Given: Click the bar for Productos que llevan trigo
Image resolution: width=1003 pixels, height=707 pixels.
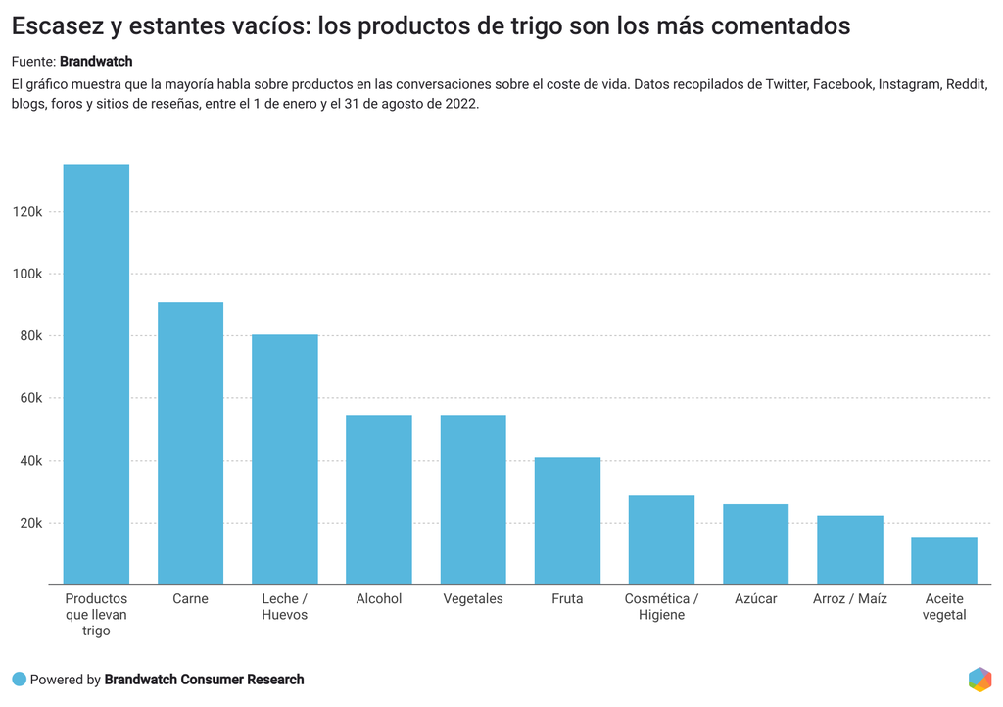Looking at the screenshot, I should click(x=96, y=375).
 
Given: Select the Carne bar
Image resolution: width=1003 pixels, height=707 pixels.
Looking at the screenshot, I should click(x=190, y=443).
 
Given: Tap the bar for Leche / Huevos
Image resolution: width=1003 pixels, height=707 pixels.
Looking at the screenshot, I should click(x=285, y=460).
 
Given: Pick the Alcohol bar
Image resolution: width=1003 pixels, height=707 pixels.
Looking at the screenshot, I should click(x=379, y=500).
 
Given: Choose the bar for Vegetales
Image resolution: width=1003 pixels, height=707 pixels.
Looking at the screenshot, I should click(x=473, y=500).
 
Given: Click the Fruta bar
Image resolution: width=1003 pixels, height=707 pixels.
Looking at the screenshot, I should click(x=567, y=521).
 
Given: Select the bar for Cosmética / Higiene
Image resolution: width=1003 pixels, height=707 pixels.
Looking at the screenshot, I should click(x=661, y=540).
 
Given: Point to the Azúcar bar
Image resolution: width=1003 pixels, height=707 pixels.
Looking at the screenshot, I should click(x=755, y=544).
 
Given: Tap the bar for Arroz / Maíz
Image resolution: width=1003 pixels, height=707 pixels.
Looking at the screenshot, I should click(x=849, y=550).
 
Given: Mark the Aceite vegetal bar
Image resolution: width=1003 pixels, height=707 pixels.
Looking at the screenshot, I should click(x=944, y=561).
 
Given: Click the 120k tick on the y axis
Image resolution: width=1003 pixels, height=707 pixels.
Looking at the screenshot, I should click(x=26, y=212).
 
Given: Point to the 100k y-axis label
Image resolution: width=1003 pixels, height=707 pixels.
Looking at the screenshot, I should click(x=26, y=274).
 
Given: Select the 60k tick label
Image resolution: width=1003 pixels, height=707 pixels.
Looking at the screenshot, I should click(x=29, y=398).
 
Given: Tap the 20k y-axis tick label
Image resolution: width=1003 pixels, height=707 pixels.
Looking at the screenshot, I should click(x=29, y=523).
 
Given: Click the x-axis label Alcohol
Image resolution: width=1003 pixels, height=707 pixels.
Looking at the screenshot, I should click(x=379, y=598).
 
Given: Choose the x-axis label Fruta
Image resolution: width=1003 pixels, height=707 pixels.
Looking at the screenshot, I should click(x=567, y=598).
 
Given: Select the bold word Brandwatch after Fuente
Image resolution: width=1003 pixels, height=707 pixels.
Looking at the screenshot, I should click(x=96, y=62).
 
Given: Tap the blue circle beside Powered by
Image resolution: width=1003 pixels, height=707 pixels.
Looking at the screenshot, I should click(x=19, y=680).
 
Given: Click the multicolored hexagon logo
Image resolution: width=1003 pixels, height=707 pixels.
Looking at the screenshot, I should click(x=979, y=679).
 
